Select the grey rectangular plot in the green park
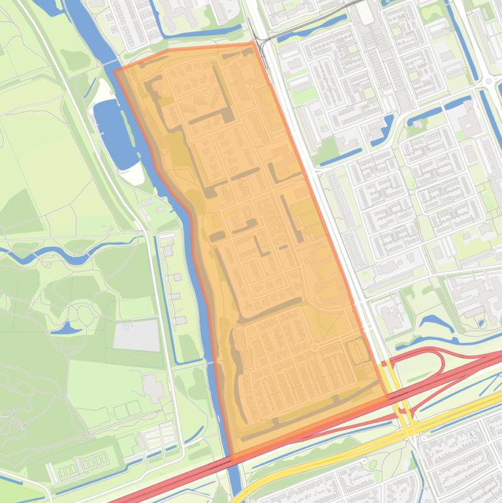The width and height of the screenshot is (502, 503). point(136,335)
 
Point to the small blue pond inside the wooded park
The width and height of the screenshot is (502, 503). point(66,328)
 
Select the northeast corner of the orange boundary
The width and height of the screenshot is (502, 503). point(252,44)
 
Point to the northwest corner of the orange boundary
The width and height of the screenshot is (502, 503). point(116,71)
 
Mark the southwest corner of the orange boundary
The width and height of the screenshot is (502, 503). point(232,461)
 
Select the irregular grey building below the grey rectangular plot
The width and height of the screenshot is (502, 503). point(154,387)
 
